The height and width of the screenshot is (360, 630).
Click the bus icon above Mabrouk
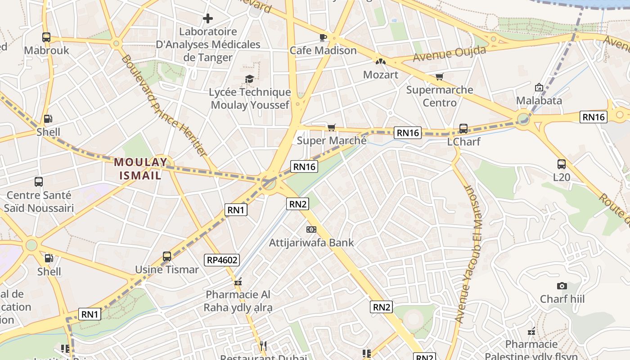[46, 37]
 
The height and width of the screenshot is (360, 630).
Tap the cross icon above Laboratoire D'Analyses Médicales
[207, 18]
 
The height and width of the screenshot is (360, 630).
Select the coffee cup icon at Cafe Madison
[323, 37]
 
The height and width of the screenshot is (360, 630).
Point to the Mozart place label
[381, 74]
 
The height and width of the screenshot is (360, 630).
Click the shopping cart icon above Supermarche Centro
[439, 76]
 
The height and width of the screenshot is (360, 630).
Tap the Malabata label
[539, 100]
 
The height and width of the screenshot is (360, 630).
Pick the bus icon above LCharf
[463, 129]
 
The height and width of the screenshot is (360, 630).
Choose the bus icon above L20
[561, 164]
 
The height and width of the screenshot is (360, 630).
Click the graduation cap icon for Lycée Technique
[249, 79]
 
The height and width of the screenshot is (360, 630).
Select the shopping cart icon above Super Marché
[332, 128]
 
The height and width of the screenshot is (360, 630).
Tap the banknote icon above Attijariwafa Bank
[311, 229]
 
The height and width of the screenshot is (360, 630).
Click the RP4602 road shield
[222, 260]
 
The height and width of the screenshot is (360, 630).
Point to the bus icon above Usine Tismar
[167, 256]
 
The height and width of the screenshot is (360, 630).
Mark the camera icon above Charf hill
[562, 286]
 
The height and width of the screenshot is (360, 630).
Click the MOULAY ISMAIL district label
[140, 168]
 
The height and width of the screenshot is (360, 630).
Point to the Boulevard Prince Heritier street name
[164, 106]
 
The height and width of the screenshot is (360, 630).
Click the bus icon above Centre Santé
[39, 182]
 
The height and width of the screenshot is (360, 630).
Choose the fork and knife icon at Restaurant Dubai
[263, 346]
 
